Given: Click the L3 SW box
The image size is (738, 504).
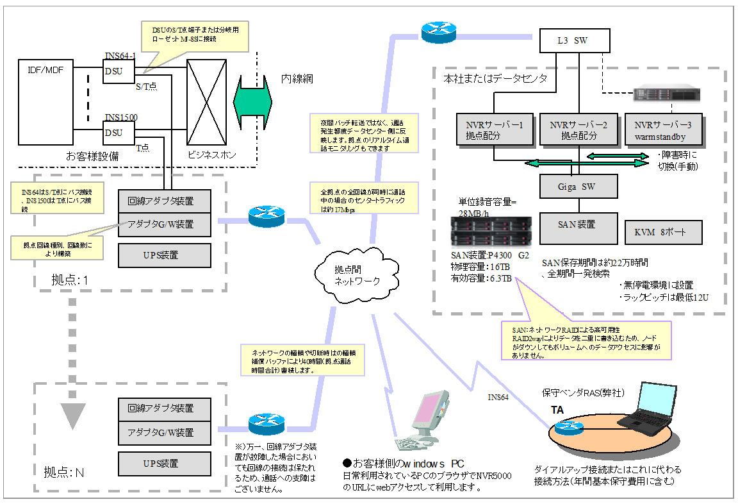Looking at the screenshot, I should (572, 41).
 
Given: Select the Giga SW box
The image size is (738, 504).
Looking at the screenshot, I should (578, 186).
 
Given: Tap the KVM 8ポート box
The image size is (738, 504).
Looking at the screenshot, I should (663, 232).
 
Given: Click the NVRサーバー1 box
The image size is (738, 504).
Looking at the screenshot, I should (494, 130).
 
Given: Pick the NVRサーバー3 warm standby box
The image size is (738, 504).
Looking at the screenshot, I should (662, 130).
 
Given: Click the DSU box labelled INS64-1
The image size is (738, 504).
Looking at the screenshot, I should (119, 71).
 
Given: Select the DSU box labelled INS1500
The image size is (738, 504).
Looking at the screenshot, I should (119, 133).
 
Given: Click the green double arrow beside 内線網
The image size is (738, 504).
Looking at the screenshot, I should (253, 100).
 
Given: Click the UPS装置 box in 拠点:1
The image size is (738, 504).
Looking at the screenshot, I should (165, 255).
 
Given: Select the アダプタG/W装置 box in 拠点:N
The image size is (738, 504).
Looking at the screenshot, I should (165, 432).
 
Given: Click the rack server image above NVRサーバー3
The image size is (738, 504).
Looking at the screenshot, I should (666, 94).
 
